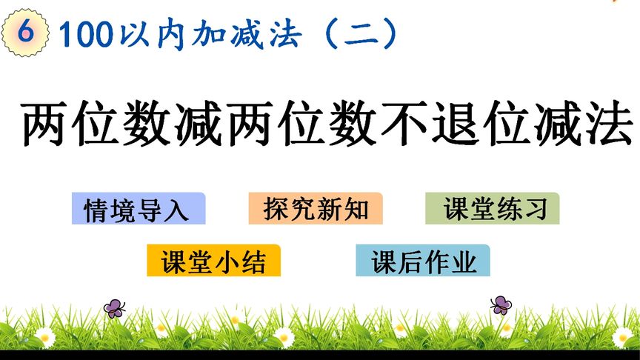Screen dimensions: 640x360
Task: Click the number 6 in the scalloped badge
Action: (x=25, y=31)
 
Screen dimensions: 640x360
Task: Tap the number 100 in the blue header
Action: (x=86, y=34)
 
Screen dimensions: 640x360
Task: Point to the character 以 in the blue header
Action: (x=134, y=34)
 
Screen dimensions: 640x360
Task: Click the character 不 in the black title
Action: (x=404, y=122)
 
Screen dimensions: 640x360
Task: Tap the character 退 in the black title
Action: (x=456, y=123)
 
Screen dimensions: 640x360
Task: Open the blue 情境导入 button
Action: (x=139, y=208)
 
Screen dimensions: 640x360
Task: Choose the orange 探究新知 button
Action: (x=316, y=208)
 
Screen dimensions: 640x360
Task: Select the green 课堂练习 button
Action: (x=493, y=208)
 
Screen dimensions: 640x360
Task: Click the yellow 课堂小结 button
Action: (x=213, y=261)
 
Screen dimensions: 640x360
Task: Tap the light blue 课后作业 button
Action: (x=423, y=261)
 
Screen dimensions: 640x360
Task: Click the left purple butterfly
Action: (x=114, y=308)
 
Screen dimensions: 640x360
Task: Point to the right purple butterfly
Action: (x=501, y=305)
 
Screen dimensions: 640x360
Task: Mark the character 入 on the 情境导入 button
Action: (x=176, y=210)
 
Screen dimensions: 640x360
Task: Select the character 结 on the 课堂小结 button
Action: (x=253, y=261)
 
